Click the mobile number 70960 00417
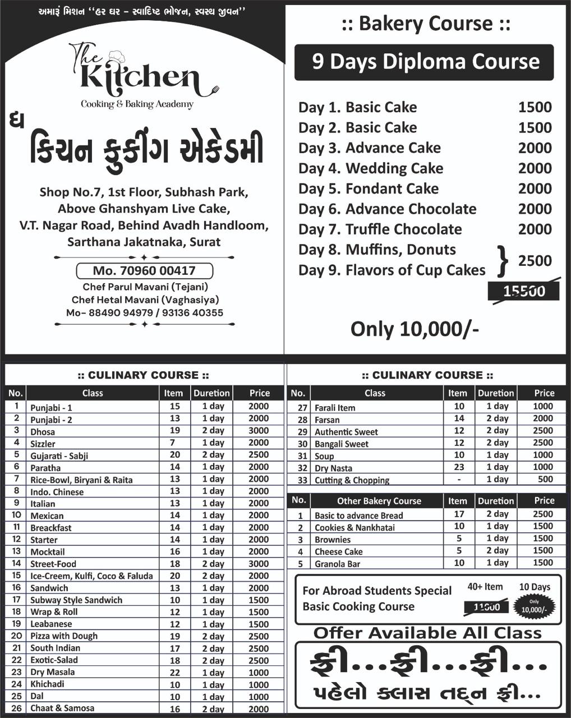point(144,271)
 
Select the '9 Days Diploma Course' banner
point(424,62)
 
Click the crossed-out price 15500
point(523,291)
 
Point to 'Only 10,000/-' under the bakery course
point(415,329)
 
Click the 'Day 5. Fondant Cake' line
point(369,189)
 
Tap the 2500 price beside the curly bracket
point(535,261)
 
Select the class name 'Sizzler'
point(43,444)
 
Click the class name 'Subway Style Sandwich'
point(76,600)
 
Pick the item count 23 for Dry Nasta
point(459,467)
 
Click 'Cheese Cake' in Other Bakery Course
point(338,552)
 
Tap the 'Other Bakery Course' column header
point(379,501)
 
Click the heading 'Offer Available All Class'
point(427,633)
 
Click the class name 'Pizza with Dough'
point(64,636)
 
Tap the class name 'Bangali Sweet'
point(342,444)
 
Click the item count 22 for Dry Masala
point(175,672)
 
